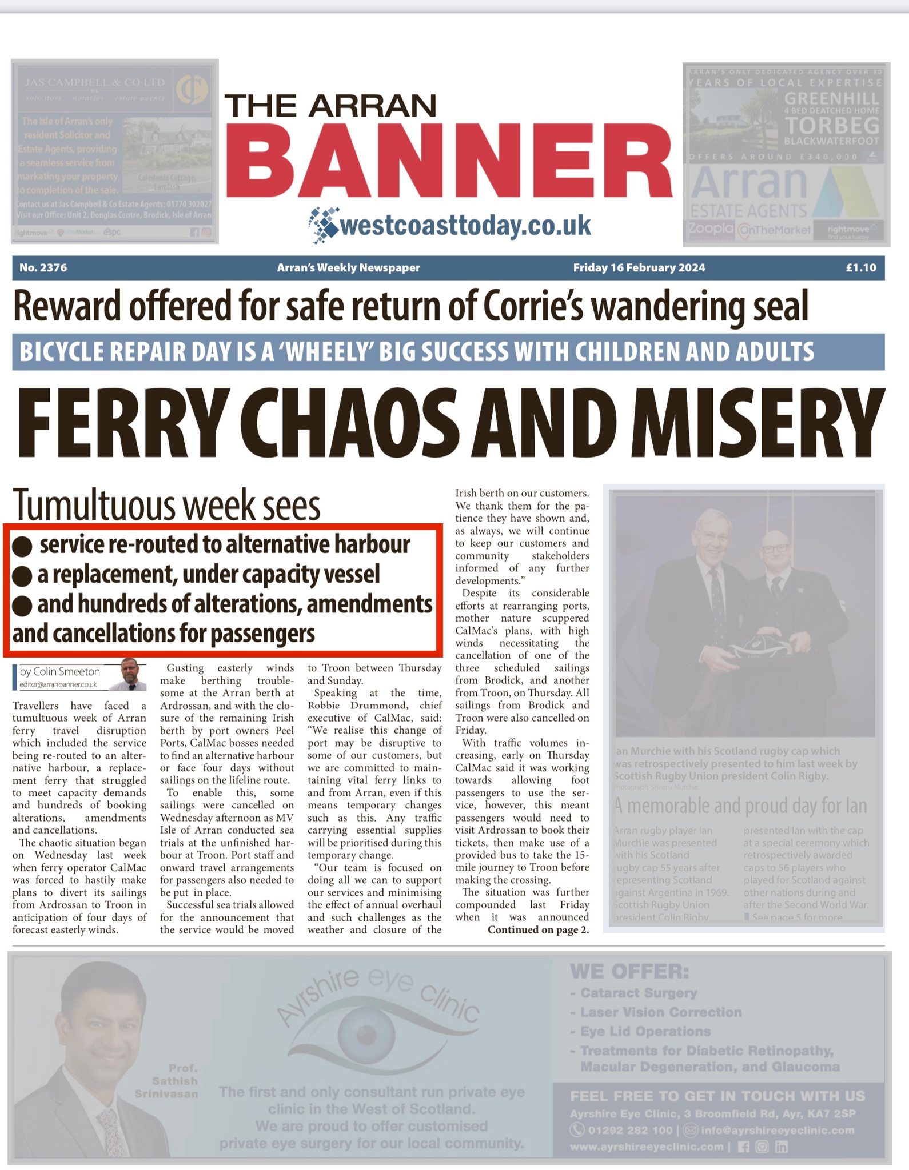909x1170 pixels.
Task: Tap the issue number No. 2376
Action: click(43, 267)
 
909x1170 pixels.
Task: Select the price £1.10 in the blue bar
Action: click(861, 267)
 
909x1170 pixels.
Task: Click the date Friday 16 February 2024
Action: click(639, 267)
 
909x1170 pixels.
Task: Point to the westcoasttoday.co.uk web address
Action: click(465, 226)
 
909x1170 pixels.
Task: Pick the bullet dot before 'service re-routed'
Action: click(22, 546)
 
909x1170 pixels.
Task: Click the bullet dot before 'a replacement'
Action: click(22, 576)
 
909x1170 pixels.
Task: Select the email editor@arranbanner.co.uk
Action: click(58, 684)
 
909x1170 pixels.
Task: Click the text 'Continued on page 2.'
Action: click(538, 930)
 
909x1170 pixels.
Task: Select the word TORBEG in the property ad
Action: click(831, 126)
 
